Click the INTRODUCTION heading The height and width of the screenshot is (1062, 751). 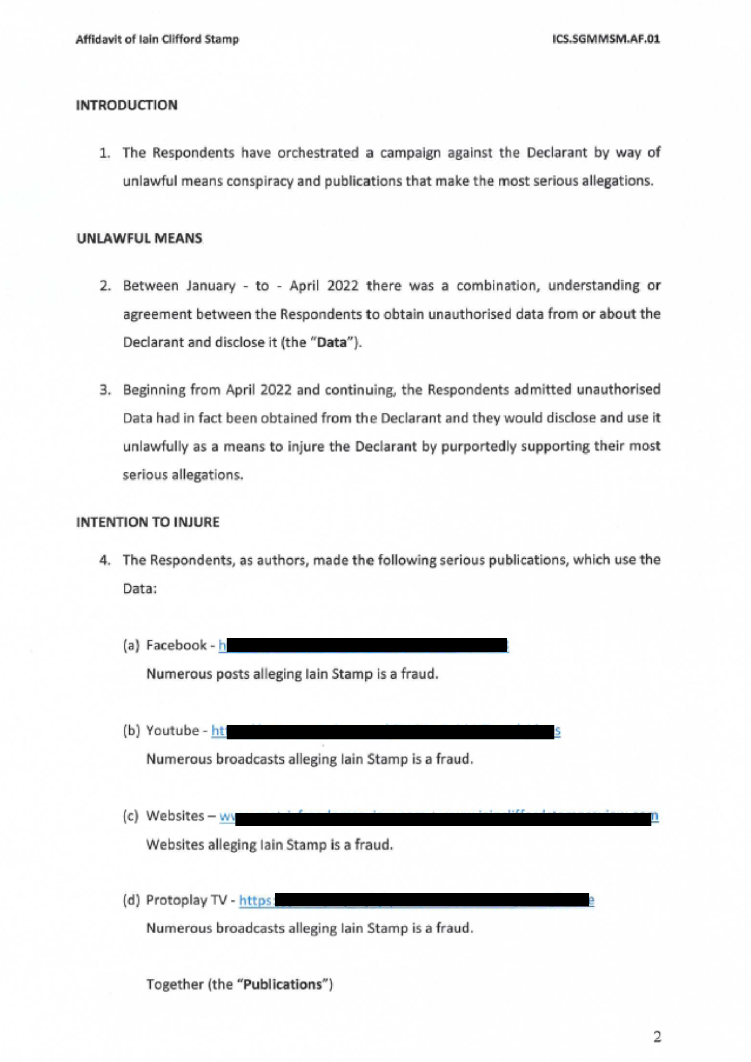tap(126, 105)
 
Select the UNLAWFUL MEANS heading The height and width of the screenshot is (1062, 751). tap(139, 238)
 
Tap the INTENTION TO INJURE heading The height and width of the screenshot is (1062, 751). tap(148, 522)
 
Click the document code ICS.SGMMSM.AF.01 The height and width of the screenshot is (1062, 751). tap(605, 39)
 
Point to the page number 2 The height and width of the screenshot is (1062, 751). tap(657, 1037)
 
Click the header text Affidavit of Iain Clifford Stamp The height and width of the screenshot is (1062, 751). tap(157, 39)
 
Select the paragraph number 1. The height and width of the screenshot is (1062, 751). tap(105, 153)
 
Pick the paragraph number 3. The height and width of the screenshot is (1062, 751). tap(105, 390)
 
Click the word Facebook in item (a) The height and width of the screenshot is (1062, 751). tap(176, 645)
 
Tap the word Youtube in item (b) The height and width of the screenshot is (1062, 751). tap(172, 731)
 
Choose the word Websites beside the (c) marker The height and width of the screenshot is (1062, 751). tap(176, 816)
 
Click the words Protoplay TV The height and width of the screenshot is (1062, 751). tap(186, 900)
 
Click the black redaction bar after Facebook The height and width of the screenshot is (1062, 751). tap(366, 645)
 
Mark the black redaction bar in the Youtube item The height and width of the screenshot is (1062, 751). tap(390, 732)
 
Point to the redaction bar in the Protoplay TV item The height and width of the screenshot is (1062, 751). tap(431, 900)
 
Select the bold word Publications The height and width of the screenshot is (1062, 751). tap(283, 984)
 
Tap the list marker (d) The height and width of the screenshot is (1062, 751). tap(131, 900)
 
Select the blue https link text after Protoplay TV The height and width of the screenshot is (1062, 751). tap(255, 901)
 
